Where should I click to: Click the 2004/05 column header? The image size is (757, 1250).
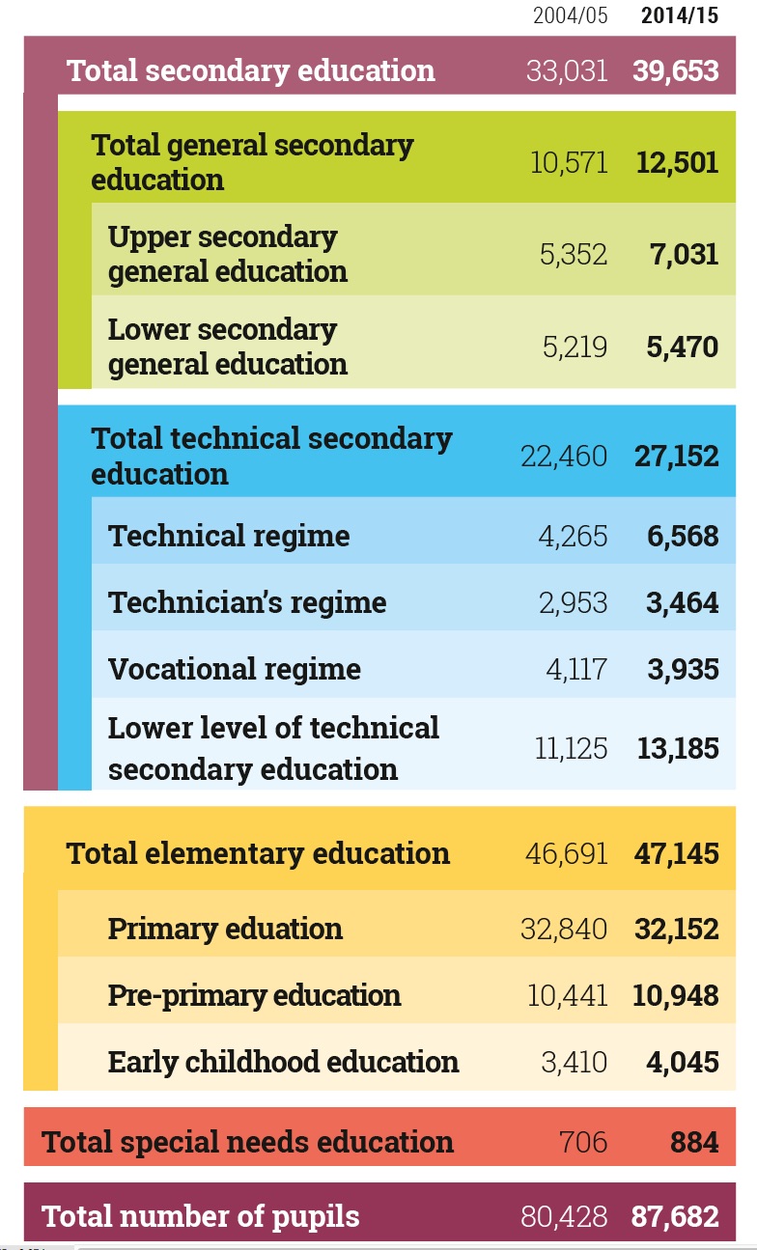point(571,16)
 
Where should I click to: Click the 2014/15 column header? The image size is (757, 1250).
point(680,16)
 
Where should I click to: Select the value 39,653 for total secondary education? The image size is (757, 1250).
point(676,70)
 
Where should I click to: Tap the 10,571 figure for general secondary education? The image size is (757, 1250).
point(569,162)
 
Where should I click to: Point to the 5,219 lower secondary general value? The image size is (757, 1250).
point(575,347)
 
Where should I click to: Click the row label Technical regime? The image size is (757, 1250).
point(229,536)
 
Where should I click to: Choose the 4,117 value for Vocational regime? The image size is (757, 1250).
point(576,669)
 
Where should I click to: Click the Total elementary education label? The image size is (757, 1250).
point(258,853)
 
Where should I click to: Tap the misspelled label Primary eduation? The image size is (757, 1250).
point(225,929)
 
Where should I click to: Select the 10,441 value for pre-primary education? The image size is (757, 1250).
point(568,995)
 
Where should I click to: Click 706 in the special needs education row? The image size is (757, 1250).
point(583,1142)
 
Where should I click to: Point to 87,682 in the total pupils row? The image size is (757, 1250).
point(676,1216)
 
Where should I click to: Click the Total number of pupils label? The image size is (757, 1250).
point(201,1216)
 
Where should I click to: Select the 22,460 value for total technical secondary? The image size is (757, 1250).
point(564,456)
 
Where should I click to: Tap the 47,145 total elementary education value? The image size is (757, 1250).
point(676,853)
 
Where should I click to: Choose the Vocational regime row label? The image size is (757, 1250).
point(235,669)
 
